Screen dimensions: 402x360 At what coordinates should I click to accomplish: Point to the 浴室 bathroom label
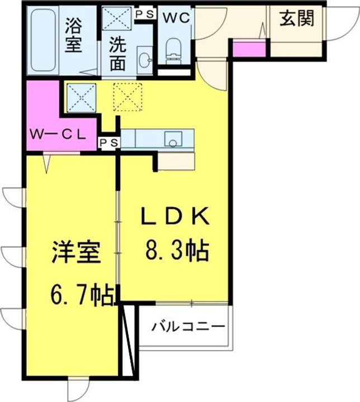coord(74,35)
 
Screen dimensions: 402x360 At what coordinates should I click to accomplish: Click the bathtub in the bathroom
coord(42,42)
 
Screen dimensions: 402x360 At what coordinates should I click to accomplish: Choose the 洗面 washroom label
coord(117,54)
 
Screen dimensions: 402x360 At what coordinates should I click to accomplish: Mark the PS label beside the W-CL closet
coord(109,143)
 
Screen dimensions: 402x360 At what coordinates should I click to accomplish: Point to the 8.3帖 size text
coord(177,251)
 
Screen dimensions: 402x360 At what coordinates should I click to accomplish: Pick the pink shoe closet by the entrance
coord(248,49)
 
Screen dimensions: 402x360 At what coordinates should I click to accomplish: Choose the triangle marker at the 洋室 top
coord(48,162)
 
